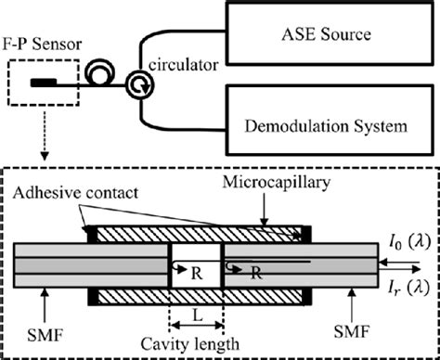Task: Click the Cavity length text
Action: (196, 344)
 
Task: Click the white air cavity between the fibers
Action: (195, 251)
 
